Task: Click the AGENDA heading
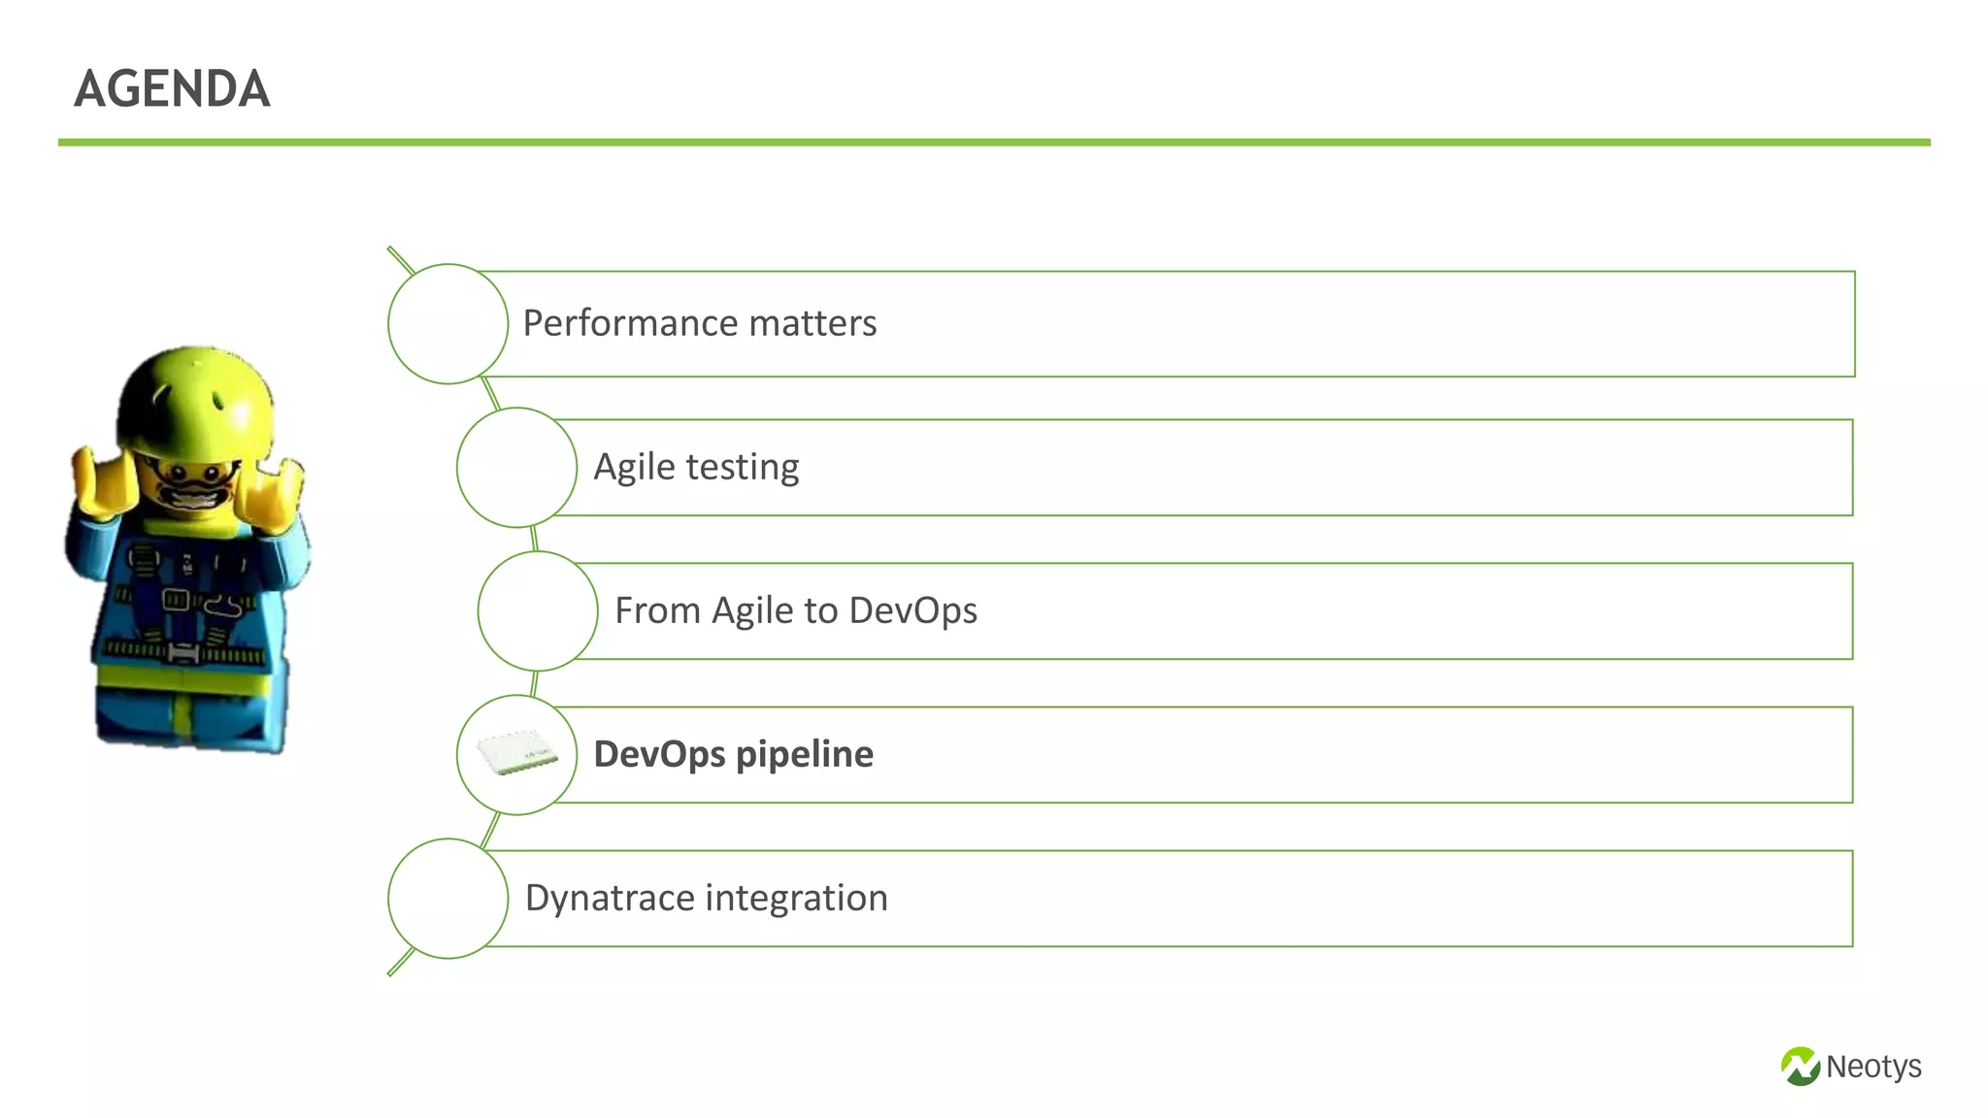pos(172,89)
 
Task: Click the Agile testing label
pos(696,467)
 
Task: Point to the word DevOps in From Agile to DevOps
pos(912,610)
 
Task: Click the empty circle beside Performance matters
pos(447,323)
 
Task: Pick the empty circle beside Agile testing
pos(516,467)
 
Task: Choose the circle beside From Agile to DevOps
pos(537,610)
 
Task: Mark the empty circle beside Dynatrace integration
pos(447,898)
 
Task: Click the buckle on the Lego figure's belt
pos(182,653)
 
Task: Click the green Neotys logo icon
pos(1800,1067)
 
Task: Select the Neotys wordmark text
pos(1872,1067)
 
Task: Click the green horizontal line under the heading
pos(994,143)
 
